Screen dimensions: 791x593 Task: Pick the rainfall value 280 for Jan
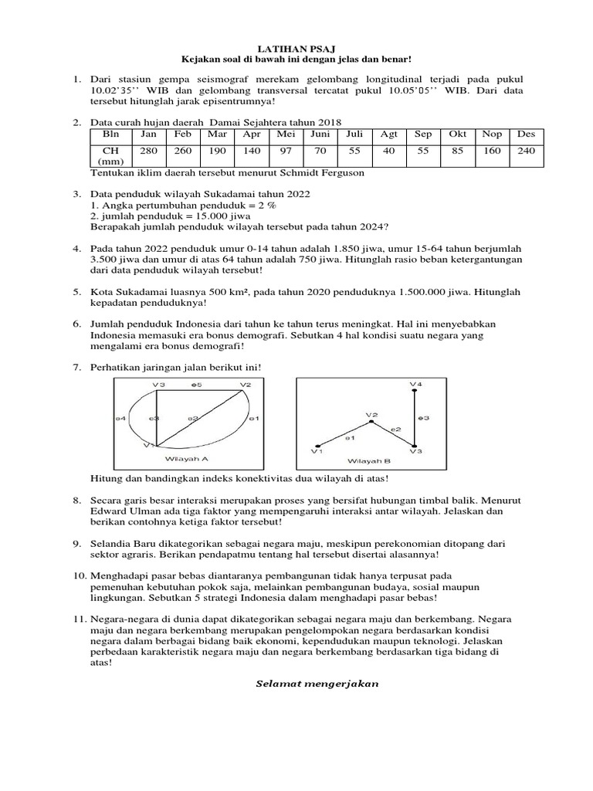pos(149,151)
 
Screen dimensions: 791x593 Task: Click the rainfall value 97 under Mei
pos(286,151)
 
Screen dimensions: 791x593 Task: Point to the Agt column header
pos(388,134)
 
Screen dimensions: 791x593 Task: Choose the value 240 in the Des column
pos(526,151)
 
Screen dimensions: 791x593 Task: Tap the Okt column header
pos(457,134)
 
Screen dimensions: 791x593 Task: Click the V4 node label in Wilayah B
pos(415,384)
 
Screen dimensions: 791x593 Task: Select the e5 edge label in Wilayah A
pos(197,384)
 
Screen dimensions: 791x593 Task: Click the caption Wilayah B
pos(368,461)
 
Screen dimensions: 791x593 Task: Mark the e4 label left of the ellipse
pos(120,418)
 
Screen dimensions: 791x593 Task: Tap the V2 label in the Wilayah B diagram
pos(371,415)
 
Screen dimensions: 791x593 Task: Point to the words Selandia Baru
pos(120,543)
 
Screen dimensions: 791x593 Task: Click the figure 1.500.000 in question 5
pos(432,292)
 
